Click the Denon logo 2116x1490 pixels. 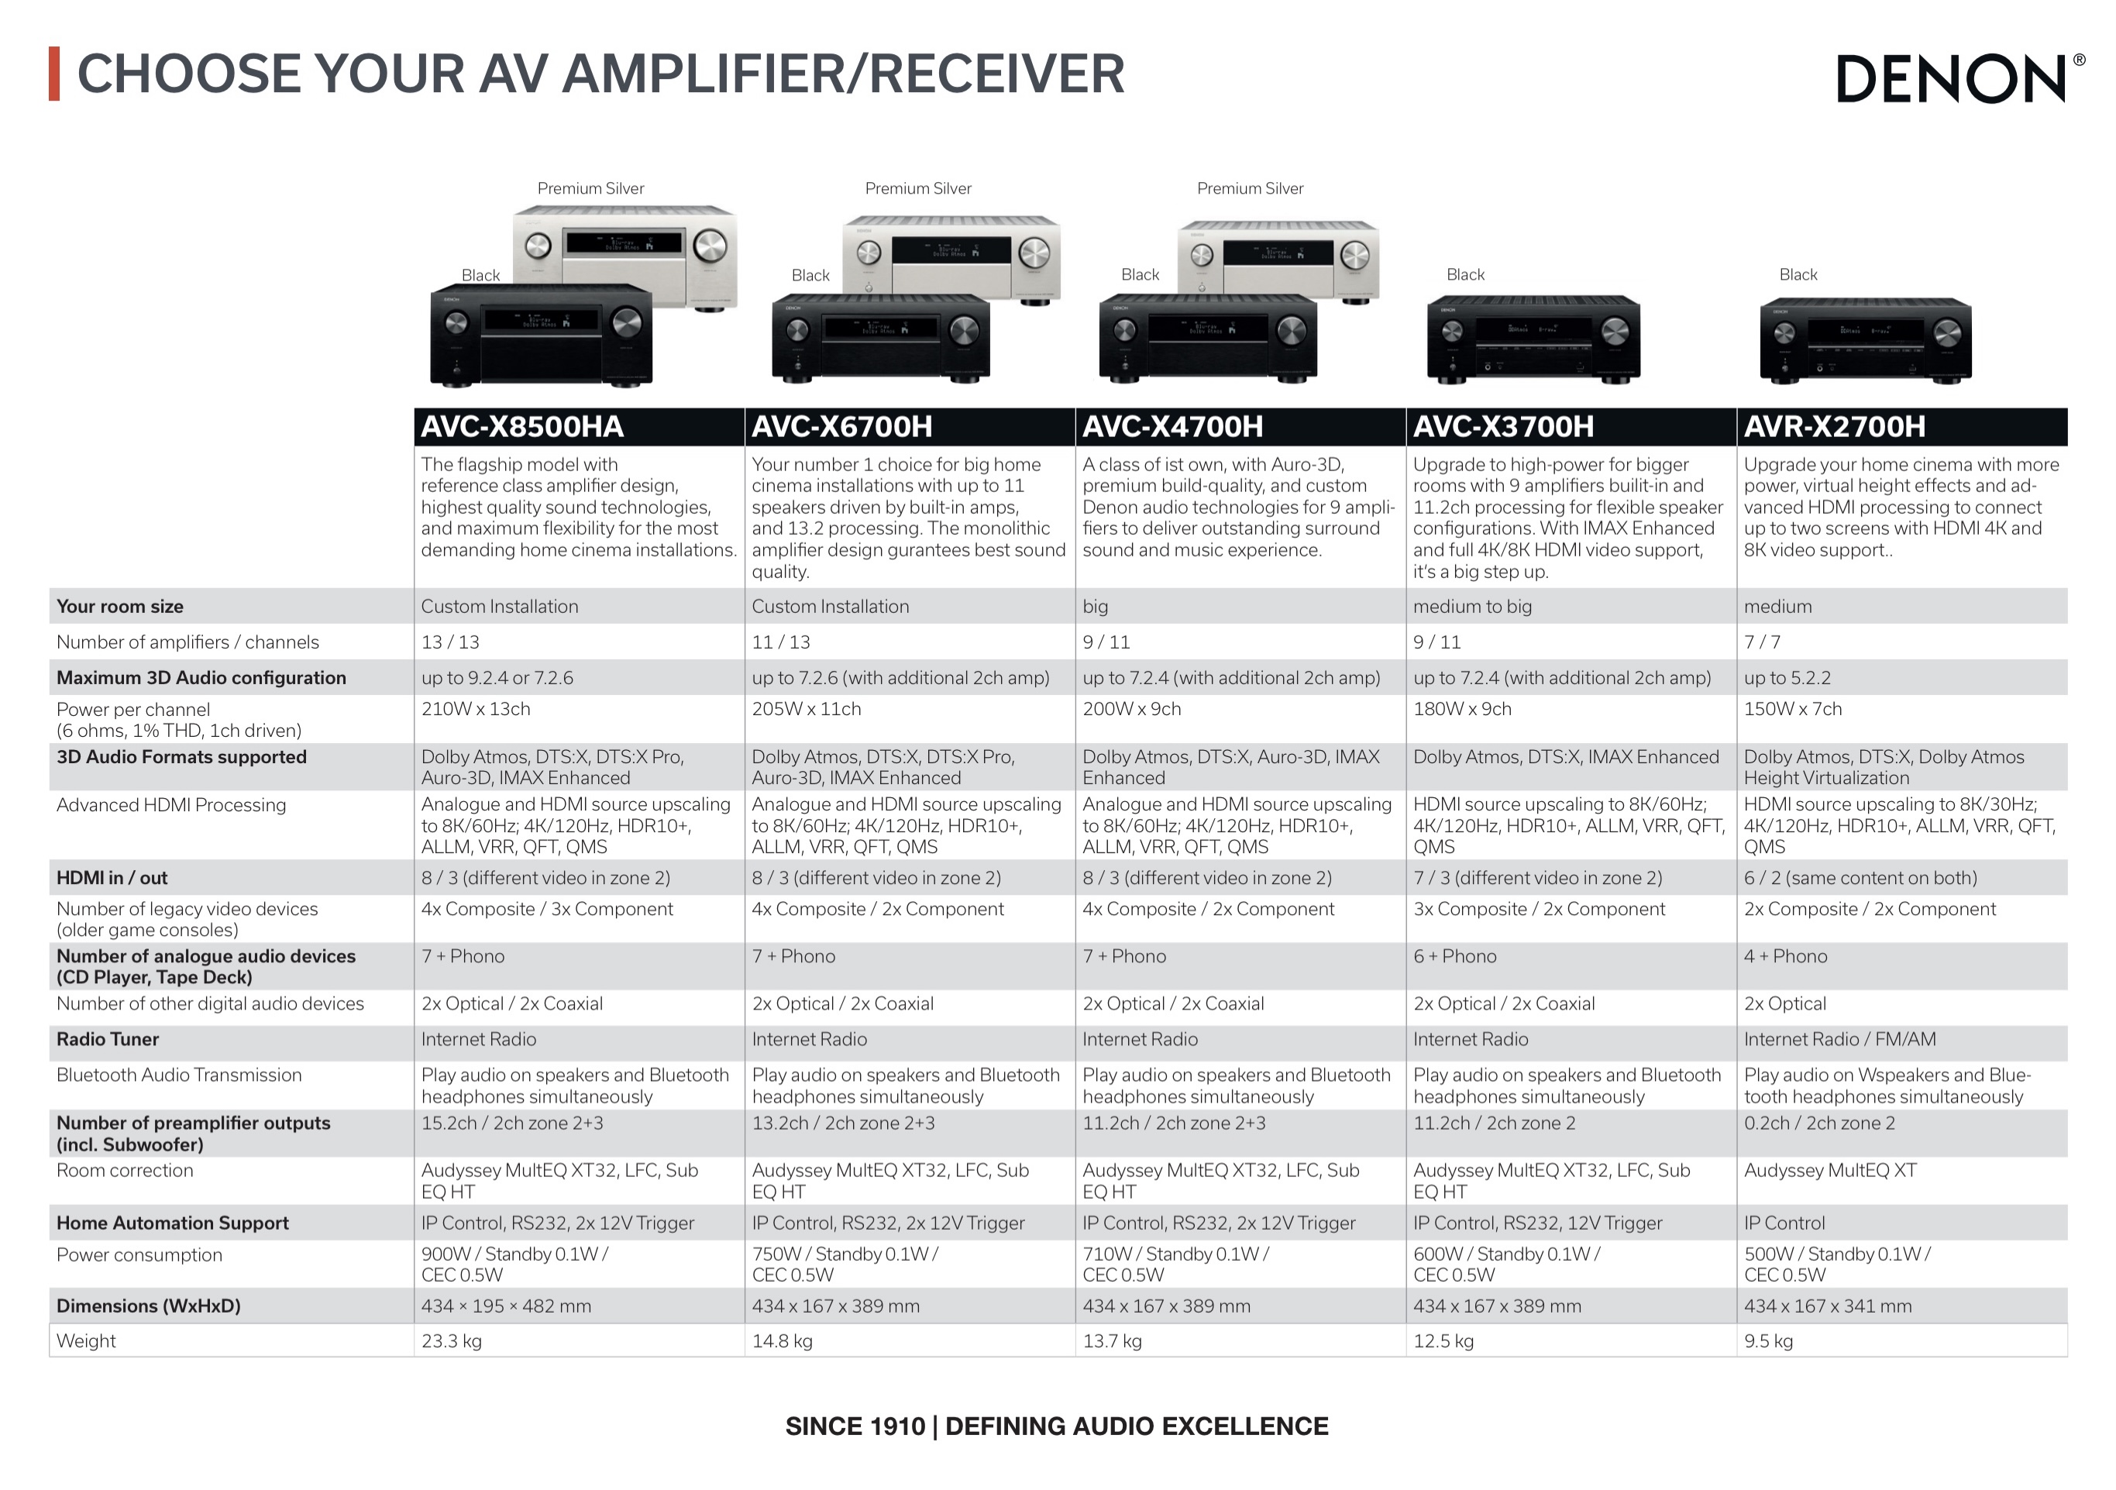click(x=1960, y=78)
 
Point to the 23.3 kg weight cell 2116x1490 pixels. click(x=452, y=1340)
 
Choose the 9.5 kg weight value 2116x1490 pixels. click(x=1769, y=1340)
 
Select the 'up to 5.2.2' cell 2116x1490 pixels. click(x=1787, y=678)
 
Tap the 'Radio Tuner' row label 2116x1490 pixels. click(x=108, y=1039)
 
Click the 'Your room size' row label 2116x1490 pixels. click(x=120, y=607)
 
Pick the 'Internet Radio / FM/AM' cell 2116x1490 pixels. click(x=1839, y=1039)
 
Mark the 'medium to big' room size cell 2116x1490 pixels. click(x=1473, y=607)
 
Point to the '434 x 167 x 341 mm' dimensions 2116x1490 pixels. click(x=1828, y=1306)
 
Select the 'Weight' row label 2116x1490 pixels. click(x=86, y=1340)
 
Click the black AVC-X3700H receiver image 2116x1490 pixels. click(x=1533, y=338)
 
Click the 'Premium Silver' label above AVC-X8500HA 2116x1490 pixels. click(x=590, y=189)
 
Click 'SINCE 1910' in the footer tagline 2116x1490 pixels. click(x=855, y=1426)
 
